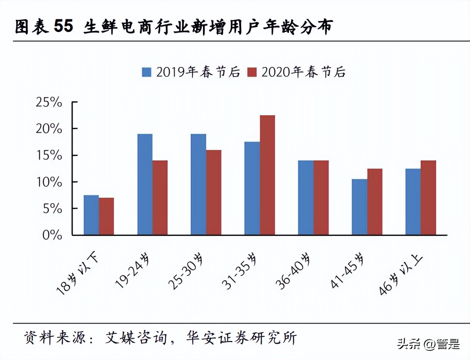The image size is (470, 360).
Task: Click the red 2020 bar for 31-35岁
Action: pos(267,175)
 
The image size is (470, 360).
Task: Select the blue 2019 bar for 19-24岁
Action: pos(145,184)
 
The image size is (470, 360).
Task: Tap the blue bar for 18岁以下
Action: pos(91,215)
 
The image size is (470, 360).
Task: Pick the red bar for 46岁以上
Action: pos(428,198)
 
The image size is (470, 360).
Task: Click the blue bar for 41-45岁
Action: pos(359,207)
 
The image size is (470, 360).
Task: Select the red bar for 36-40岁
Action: pos(321,198)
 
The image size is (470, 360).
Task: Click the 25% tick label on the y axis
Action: pos(49,102)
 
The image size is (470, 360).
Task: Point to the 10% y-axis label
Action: pos(49,182)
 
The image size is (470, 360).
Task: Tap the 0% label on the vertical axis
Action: pos(52,235)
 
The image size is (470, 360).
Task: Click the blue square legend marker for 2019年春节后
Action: pos(146,72)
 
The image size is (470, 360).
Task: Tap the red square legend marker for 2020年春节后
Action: pos(252,72)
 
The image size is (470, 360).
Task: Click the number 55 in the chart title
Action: pos(63,26)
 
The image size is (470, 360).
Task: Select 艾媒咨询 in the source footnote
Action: pos(136,338)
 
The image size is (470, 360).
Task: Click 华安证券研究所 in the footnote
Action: pos(241,338)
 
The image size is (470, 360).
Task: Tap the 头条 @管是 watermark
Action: pos(428,344)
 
